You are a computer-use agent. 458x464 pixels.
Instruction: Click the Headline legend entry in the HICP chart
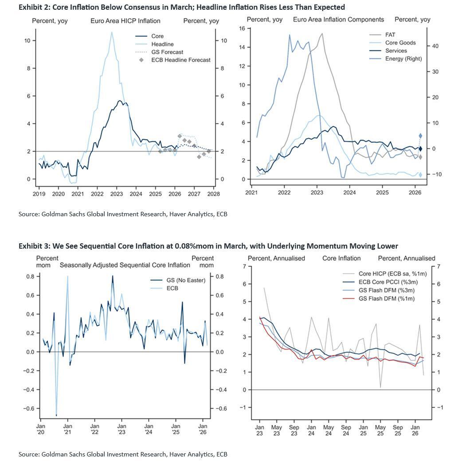point(162,44)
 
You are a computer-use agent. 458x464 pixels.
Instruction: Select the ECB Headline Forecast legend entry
point(180,60)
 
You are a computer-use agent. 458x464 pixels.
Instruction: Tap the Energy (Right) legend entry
point(403,58)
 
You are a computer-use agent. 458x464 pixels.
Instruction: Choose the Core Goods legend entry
point(400,43)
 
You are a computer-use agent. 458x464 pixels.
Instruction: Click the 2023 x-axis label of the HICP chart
point(117,194)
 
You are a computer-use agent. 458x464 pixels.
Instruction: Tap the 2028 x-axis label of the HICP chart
point(214,194)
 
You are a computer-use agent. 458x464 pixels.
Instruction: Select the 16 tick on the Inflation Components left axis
point(242,28)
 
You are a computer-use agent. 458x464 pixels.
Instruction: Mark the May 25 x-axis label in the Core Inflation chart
point(380,430)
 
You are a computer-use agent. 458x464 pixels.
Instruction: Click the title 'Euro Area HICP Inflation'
point(125,21)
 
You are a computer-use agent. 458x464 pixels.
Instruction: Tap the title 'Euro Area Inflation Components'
point(338,19)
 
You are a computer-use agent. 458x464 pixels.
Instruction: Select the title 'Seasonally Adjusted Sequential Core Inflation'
point(125,265)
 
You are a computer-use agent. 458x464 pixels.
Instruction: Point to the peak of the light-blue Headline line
point(112,32)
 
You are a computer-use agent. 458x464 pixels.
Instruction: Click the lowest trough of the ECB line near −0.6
point(56,416)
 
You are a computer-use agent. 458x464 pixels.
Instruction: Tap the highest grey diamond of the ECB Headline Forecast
point(180,136)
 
